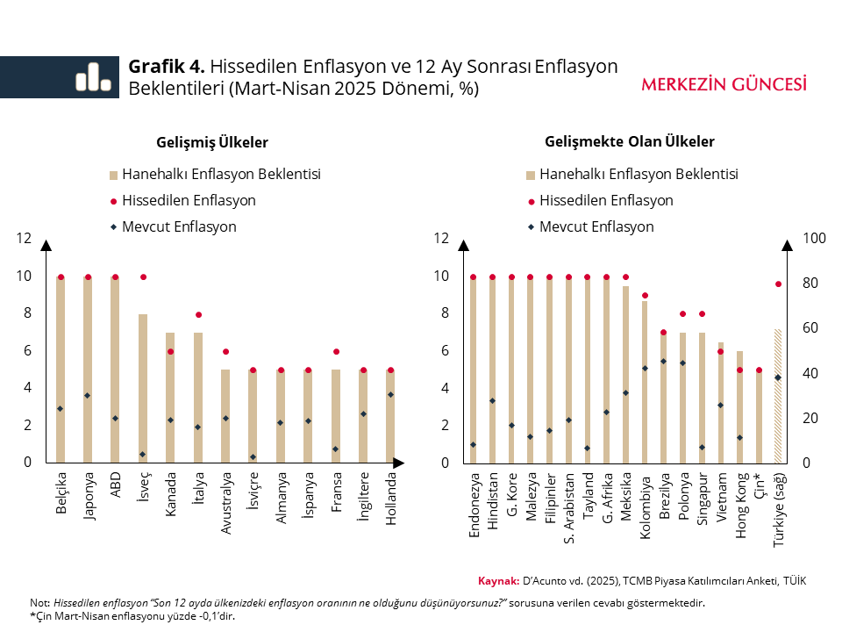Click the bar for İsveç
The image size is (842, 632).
pos(143,386)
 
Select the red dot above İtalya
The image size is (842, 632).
pos(198,314)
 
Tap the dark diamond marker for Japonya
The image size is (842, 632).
pos(88,395)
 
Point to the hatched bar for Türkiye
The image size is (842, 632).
pos(777,395)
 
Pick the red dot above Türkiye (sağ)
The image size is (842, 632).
pos(777,284)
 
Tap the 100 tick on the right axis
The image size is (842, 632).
pos(816,238)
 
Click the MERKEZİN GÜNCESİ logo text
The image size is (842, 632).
pos(724,84)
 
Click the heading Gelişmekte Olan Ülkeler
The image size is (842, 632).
pos(629,141)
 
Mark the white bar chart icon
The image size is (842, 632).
pos(92,77)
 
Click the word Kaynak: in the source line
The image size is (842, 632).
pos(498,581)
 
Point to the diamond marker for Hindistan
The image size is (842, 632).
pos(492,400)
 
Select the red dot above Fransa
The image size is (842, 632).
pos(336,351)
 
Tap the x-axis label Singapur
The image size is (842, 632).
pos(703,501)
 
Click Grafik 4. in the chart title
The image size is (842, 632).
pos(167,67)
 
